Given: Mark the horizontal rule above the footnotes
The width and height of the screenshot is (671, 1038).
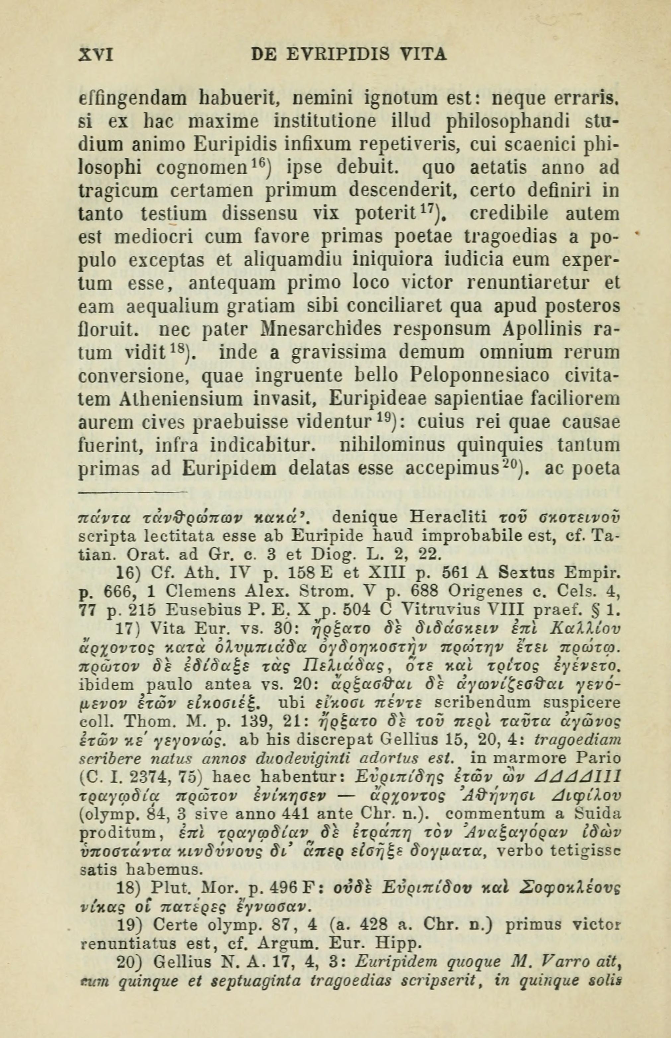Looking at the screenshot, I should point(132,493).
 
